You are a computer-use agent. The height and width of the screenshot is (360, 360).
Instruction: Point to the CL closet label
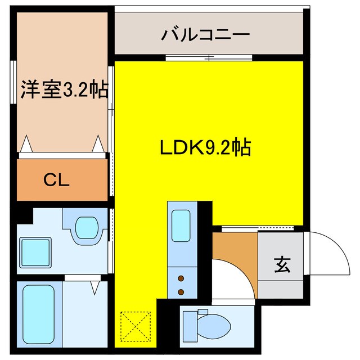[x=56, y=180]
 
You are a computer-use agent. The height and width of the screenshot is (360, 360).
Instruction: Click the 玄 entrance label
[x=282, y=264]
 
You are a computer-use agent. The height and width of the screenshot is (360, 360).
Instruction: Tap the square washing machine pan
[x=35, y=251]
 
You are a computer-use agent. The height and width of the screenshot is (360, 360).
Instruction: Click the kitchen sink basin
[x=181, y=226]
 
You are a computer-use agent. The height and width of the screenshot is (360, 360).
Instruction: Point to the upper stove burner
[x=181, y=278]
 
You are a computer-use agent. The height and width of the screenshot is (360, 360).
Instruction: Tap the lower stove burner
[x=181, y=291]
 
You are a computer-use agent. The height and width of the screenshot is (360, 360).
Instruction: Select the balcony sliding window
[x=208, y=57]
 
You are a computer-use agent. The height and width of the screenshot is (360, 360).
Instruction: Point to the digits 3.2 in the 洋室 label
[x=78, y=90]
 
